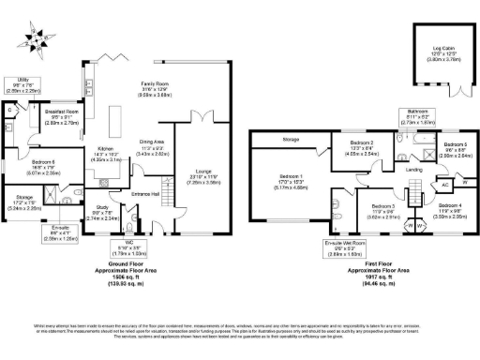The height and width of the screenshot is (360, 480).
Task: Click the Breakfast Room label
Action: click(65, 113)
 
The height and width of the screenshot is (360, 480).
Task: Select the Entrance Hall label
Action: click(145, 194)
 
